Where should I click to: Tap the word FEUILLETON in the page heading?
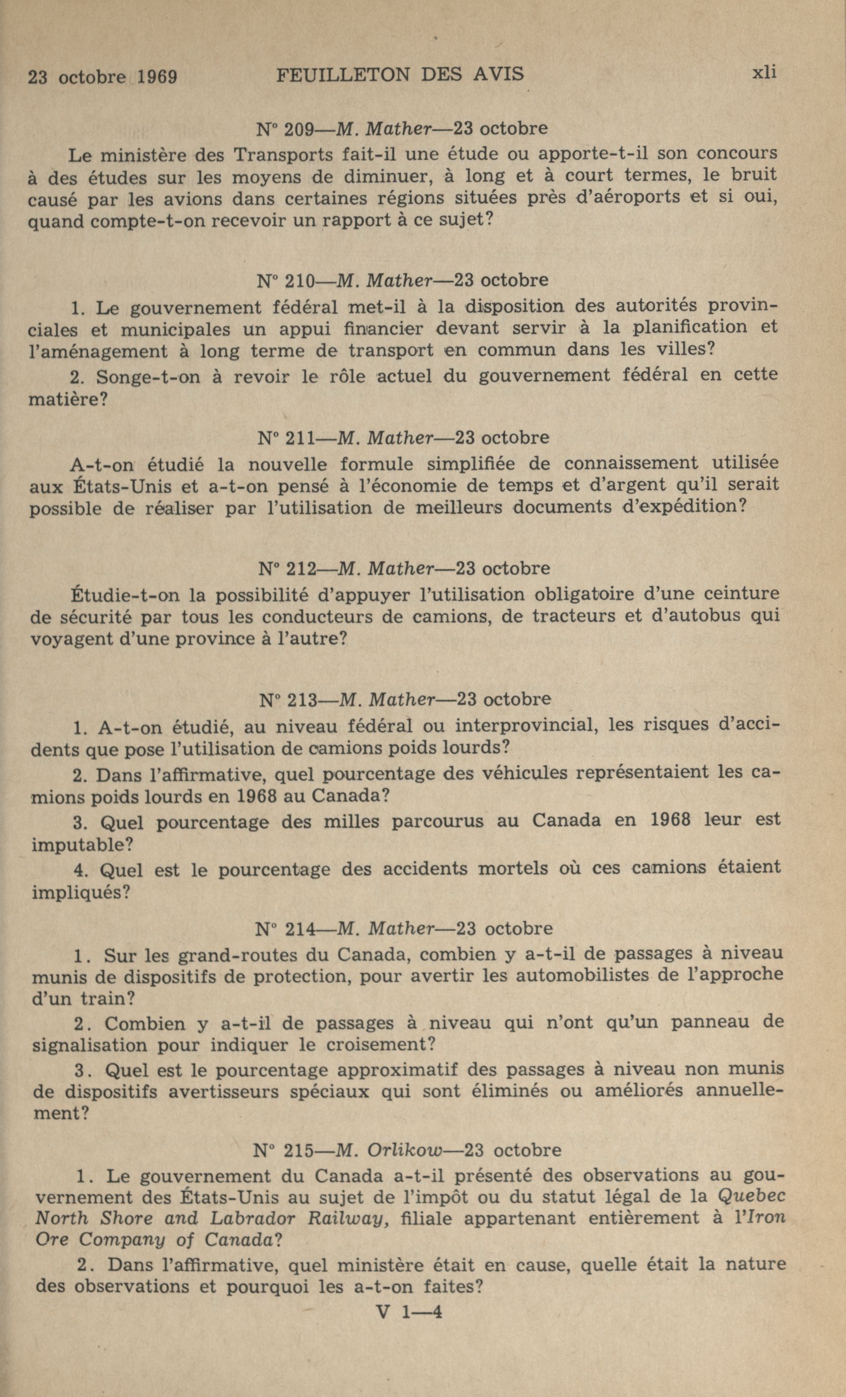click(342, 75)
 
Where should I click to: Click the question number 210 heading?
click(298, 280)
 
